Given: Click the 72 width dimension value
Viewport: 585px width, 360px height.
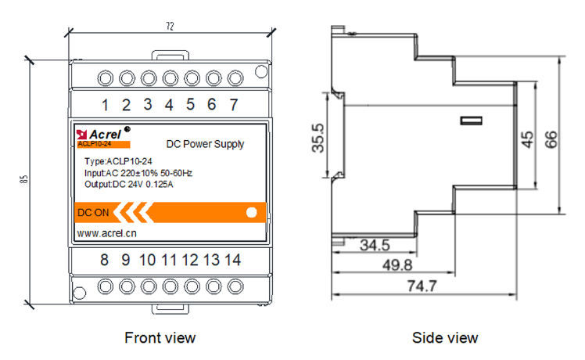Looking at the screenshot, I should (x=170, y=26).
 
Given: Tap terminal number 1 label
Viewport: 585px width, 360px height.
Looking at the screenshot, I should (x=105, y=105).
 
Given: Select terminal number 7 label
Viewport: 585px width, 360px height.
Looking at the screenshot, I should (x=233, y=105).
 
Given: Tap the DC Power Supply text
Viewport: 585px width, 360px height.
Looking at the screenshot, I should (x=206, y=144).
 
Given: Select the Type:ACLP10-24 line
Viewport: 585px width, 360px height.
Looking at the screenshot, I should (x=118, y=161).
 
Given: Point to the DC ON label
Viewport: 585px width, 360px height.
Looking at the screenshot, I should (x=93, y=212).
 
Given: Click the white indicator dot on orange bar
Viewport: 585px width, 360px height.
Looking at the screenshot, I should (x=252, y=212).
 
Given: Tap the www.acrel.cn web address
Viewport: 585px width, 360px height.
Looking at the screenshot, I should (x=107, y=233).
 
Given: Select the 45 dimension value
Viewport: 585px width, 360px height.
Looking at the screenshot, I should (x=528, y=138).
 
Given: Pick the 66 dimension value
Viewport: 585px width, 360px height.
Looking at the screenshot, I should (x=551, y=139).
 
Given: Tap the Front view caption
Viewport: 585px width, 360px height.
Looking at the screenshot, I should (x=160, y=337).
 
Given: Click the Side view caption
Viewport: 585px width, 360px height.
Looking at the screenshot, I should (x=445, y=337).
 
